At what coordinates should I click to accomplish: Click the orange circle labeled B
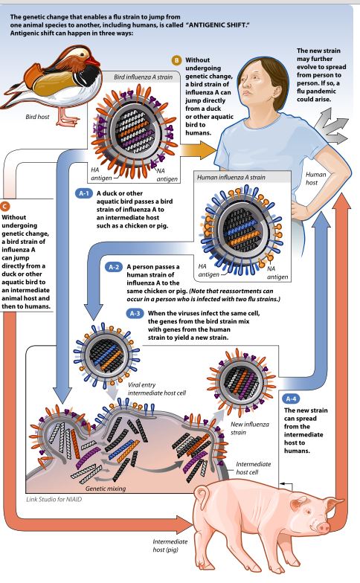(176, 60)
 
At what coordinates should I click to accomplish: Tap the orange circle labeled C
(4, 206)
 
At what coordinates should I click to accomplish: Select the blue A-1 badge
(84, 193)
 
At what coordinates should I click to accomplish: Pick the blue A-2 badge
(114, 267)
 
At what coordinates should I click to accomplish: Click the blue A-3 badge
(135, 314)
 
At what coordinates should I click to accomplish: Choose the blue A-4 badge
(291, 399)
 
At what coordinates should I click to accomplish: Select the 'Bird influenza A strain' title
(143, 77)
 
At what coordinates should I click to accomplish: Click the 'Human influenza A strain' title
(231, 177)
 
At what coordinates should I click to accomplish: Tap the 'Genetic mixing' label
(106, 489)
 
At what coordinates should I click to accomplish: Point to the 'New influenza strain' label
(250, 428)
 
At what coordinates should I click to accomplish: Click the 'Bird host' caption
(37, 117)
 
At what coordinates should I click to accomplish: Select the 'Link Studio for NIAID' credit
(54, 500)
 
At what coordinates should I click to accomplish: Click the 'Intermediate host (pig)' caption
(170, 546)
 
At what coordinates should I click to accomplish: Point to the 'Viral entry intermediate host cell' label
(156, 389)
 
